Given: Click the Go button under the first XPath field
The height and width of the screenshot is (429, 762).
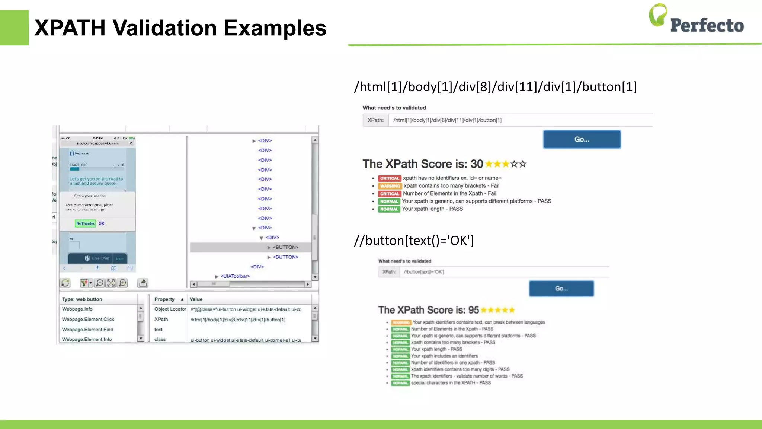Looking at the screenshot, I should [x=582, y=139].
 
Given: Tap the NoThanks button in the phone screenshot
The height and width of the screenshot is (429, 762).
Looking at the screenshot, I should [x=85, y=223].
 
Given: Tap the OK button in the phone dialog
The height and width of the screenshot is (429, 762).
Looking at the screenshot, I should [x=102, y=223].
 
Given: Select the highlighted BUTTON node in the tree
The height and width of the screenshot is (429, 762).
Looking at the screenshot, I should [x=285, y=247].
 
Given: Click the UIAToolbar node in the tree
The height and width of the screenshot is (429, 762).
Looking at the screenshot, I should [x=235, y=276].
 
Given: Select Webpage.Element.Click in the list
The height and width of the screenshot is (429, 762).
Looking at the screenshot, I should [x=88, y=319].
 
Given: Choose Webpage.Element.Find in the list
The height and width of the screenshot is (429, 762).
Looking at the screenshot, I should [x=87, y=330].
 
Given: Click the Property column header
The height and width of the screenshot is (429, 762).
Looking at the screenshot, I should [x=164, y=299].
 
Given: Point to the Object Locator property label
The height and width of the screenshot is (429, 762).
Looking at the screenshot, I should [x=170, y=309].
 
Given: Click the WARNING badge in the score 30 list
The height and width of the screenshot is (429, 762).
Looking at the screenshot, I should [x=390, y=186].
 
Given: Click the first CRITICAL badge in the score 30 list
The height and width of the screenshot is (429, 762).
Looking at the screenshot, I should [x=389, y=178].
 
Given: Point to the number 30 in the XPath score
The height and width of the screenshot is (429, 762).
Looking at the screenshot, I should [x=477, y=164].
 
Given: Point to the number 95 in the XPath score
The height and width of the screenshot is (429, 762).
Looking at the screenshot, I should [x=474, y=310].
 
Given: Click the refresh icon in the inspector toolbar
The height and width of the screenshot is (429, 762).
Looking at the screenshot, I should [x=65, y=283].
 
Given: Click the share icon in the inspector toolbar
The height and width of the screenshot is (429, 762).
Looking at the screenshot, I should [x=143, y=283].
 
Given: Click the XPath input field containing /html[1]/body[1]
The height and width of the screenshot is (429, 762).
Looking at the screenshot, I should [x=520, y=120].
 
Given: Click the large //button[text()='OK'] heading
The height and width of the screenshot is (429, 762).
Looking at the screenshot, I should [x=414, y=241].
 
